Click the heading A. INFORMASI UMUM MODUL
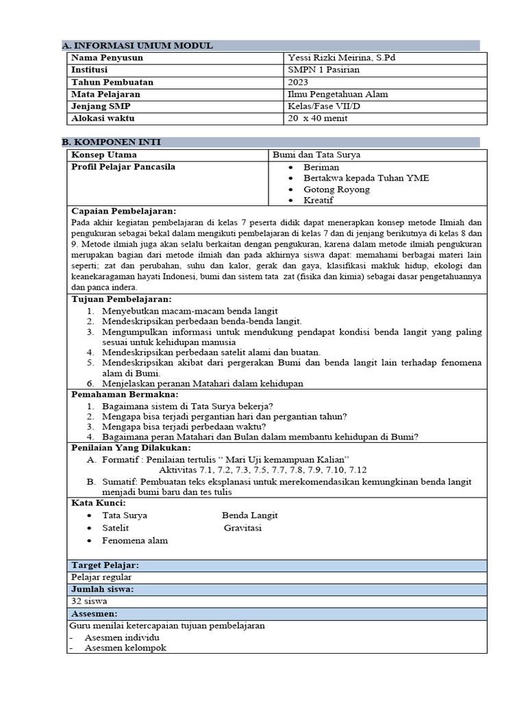pyautogui.click(x=137, y=46)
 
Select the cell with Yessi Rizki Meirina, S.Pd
pyautogui.click(x=343, y=58)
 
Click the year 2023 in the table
pyautogui.click(x=299, y=82)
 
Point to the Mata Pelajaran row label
pyautogui.click(x=106, y=94)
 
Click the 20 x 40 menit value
pyautogui.click(x=318, y=118)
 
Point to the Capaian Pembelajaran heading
pyautogui.click(x=124, y=211)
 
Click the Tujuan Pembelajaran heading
pyautogui.click(x=122, y=299)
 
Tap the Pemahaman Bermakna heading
pyautogui.click(x=125, y=394)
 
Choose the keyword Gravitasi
pyautogui.click(x=242, y=528)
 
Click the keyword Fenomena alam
pyautogui.click(x=135, y=540)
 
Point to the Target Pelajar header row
pyautogui.click(x=105, y=565)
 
